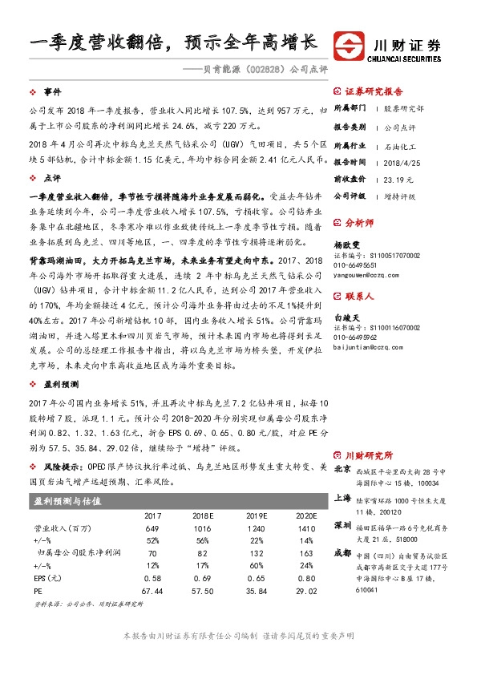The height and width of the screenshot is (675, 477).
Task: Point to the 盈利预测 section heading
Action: click(x=59, y=386)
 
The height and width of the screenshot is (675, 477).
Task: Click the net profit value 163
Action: click(x=305, y=553)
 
